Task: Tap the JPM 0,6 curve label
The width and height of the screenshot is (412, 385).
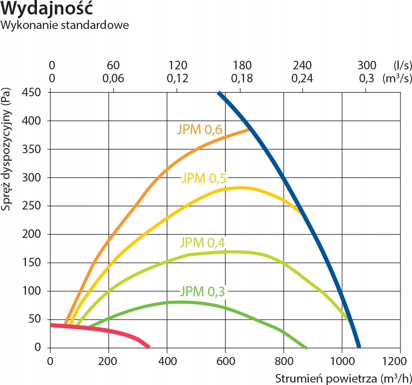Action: click(x=199, y=130)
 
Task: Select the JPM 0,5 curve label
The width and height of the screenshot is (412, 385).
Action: click(x=207, y=178)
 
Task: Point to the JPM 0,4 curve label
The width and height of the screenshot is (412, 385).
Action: click(x=203, y=243)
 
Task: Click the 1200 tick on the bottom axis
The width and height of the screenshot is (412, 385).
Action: click(x=400, y=359)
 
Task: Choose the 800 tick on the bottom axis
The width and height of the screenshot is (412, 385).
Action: click(x=283, y=359)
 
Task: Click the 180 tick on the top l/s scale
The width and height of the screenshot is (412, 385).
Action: click(x=242, y=66)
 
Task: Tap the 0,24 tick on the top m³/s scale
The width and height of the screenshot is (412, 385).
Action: click(x=302, y=78)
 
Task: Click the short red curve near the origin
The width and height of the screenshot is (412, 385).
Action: click(x=110, y=330)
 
